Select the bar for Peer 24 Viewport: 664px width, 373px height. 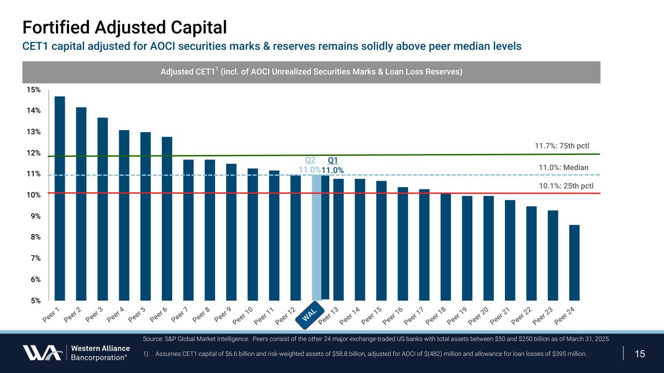[x=574, y=262]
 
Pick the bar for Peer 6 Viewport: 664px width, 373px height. [x=167, y=219]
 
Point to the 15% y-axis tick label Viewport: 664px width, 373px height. [x=34, y=90]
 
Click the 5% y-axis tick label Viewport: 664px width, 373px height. [x=36, y=301]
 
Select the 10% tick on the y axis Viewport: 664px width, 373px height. [x=34, y=195]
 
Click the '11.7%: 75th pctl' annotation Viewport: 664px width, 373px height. [x=561, y=145]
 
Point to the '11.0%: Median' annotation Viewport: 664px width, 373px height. [x=563, y=168]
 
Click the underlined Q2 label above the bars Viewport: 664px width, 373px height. [x=310, y=160]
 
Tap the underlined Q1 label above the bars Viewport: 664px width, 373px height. [x=333, y=160]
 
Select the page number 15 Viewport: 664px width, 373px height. [x=640, y=353]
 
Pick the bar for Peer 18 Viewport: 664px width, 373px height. [x=446, y=247]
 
